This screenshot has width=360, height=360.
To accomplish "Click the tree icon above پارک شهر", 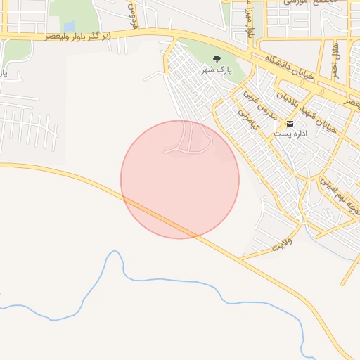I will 217,59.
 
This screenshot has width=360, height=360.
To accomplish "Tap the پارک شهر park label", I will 217,70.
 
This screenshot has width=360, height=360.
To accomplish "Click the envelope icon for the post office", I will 290,123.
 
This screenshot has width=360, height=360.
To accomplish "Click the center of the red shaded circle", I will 180,179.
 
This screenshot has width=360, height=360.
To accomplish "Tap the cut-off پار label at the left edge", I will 3,72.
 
